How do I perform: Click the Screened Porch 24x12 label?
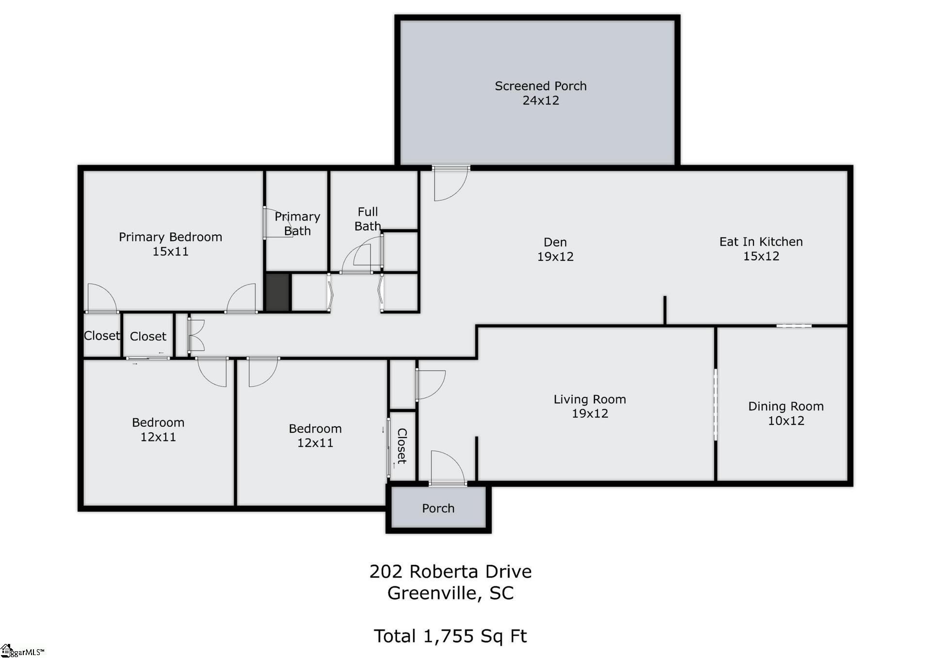click(540, 93)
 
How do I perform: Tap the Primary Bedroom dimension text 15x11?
click(170, 251)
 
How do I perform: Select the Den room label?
click(555, 242)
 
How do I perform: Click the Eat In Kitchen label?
click(760, 242)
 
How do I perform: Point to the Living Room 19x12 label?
click(590, 406)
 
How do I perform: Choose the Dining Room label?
click(786, 407)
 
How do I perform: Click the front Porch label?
click(438, 508)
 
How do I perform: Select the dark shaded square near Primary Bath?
click(278, 292)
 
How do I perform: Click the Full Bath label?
click(368, 219)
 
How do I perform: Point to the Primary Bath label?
click(297, 223)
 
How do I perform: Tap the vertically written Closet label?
click(402, 446)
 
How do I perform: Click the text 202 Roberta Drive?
click(450, 572)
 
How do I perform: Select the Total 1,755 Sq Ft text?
click(450, 636)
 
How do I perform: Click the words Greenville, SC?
click(450, 593)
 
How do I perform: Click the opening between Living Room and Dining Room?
click(715, 405)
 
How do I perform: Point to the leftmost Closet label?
click(101, 336)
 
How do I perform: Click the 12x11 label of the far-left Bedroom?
click(158, 437)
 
